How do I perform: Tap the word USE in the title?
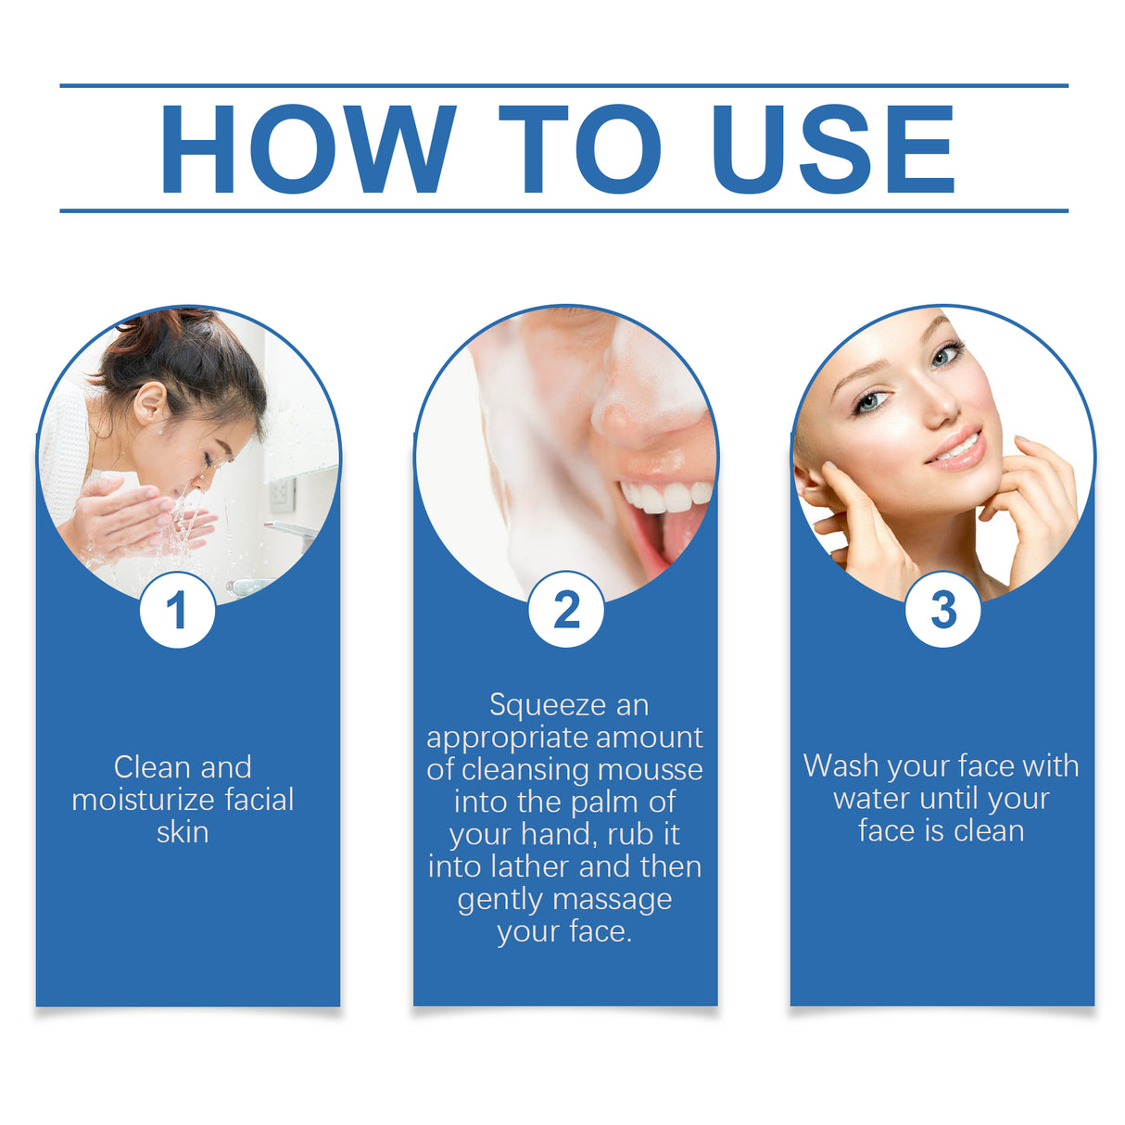click(x=832, y=149)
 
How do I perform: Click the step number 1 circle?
click(x=177, y=611)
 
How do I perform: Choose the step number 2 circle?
click(x=565, y=611)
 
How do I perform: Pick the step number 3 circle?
click(x=942, y=610)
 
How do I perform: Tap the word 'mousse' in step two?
click(x=650, y=770)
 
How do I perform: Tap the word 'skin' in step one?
click(x=183, y=832)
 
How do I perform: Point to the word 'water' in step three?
click(x=871, y=799)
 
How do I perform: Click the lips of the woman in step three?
click(x=955, y=449)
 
